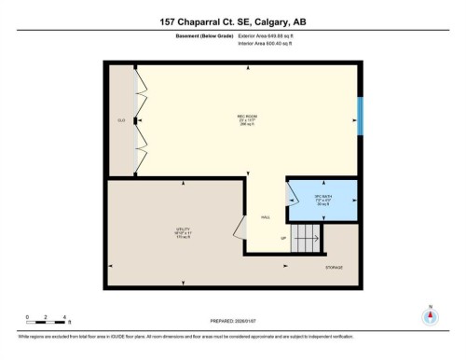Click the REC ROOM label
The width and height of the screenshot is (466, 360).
247,117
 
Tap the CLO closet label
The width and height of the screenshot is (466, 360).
121,120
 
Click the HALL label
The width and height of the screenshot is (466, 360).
266,217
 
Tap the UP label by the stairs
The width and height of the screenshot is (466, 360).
283,238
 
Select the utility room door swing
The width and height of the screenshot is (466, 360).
240,226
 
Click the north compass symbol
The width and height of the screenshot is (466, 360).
430,315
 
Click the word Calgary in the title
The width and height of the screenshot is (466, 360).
285,21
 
